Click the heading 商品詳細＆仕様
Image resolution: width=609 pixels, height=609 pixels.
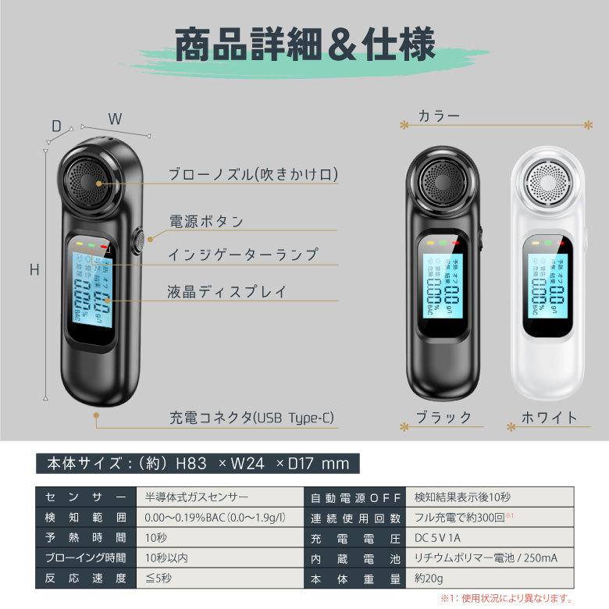tap(304, 45)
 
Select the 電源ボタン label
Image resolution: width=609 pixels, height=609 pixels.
tap(207, 221)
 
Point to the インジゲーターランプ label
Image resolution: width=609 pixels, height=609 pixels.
tap(243, 255)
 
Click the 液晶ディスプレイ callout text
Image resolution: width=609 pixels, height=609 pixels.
tap(227, 292)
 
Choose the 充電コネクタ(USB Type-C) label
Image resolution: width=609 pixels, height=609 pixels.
tap(251, 418)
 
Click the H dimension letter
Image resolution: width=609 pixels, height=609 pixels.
tap(34, 270)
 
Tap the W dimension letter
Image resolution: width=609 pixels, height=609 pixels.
tap(115, 119)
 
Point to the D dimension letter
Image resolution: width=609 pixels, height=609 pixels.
tap(56, 126)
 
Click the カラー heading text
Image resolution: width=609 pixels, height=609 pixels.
tap(439, 116)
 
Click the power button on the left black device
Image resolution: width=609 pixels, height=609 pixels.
tap(138, 241)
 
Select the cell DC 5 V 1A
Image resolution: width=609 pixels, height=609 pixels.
tap(438, 539)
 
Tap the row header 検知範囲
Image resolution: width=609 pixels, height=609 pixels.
tap(80, 518)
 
